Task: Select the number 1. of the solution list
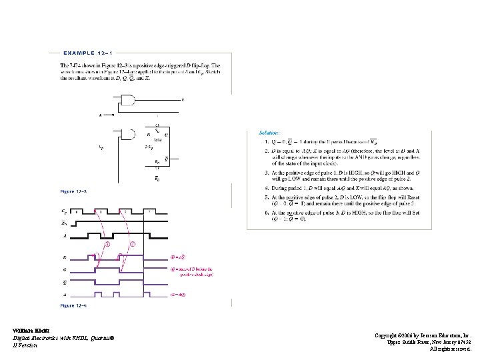pyautogui.click(x=259, y=141)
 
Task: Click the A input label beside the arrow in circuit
pyautogui.click(x=101, y=115)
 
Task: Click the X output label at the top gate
pyautogui.click(x=183, y=101)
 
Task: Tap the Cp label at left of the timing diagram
pyautogui.click(x=64, y=211)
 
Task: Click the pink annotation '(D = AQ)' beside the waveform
pyautogui.click(x=179, y=257)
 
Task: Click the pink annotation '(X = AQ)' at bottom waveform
pyautogui.click(x=179, y=293)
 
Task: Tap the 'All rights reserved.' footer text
pyautogui.click(x=450, y=349)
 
